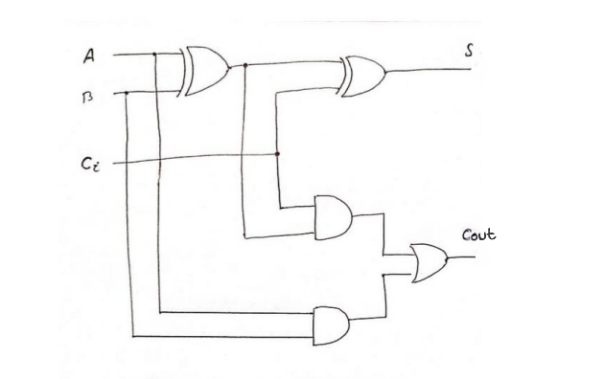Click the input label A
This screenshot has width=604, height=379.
click(x=89, y=56)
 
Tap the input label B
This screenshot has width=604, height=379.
click(x=89, y=95)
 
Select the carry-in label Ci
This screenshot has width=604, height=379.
click(x=88, y=166)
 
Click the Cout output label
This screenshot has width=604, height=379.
click(x=477, y=234)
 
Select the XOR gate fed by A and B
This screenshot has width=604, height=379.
click(x=204, y=72)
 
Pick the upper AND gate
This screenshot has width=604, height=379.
click(x=332, y=216)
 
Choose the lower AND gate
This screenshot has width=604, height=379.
click(x=332, y=325)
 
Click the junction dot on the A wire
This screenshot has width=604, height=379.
click(x=155, y=54)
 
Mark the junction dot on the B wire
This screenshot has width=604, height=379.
click(x=127, y=93)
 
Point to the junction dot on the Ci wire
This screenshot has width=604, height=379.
click(x=277, y=153)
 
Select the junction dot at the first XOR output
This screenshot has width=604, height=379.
click(x=245, y=65)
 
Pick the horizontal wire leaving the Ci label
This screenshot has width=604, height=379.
click(x=192, y=159)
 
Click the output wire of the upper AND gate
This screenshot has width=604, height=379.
click(x=369, y=214)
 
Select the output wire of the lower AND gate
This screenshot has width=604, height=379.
click(x=369, y=323)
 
